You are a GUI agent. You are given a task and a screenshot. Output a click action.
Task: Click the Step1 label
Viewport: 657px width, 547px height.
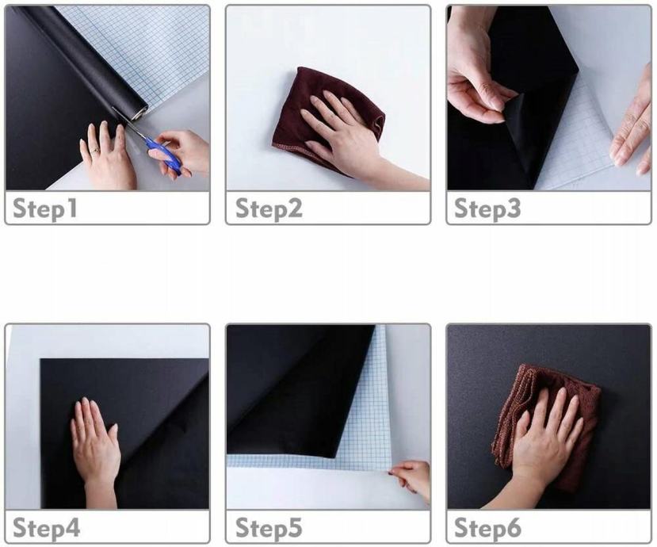(45, 208)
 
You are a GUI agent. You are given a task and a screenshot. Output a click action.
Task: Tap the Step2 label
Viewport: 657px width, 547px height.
(269, 208)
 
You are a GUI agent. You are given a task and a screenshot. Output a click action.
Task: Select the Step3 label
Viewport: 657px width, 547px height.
(487, 208)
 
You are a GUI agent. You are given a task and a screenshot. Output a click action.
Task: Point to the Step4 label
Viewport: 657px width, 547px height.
(46, 527)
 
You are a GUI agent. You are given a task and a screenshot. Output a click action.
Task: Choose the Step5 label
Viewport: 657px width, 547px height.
(269, 527)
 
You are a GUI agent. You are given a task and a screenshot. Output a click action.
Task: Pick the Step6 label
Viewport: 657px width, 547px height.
(487, 527)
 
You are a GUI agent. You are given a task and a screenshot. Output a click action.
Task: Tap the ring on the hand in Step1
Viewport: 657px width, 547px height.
(96, 150)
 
